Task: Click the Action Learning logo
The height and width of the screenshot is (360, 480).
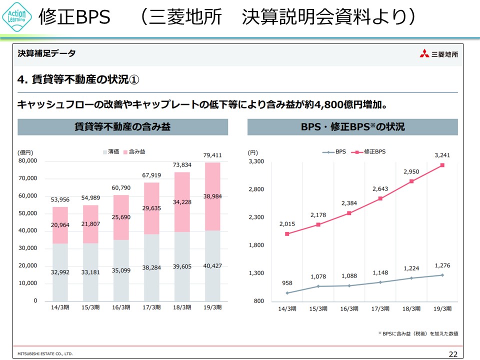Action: [x=17, y=17]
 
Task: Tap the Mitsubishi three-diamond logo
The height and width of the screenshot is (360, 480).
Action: [x=424, y=53]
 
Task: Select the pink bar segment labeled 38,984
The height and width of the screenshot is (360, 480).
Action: [x=212, y=196]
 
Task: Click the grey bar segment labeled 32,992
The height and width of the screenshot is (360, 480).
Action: [x=60, y=272]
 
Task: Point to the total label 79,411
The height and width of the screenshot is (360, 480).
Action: [x=212, y=155]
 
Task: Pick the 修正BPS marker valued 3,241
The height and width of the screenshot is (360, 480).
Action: [x=442, y=165]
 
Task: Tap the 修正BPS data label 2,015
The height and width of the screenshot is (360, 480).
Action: [x=287, y=223]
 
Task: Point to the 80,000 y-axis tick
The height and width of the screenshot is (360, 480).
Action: [x=28, y=161]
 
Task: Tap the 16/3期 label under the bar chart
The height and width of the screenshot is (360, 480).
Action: [x=121, y=308]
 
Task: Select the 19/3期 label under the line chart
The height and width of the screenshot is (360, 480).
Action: [x=442, y=308]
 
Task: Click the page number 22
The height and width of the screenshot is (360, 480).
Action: [x=452, y=354]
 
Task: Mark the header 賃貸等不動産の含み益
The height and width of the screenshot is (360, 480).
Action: [x=122, y=127]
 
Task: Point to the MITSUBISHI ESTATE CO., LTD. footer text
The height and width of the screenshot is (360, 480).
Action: [x=45, y=353]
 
